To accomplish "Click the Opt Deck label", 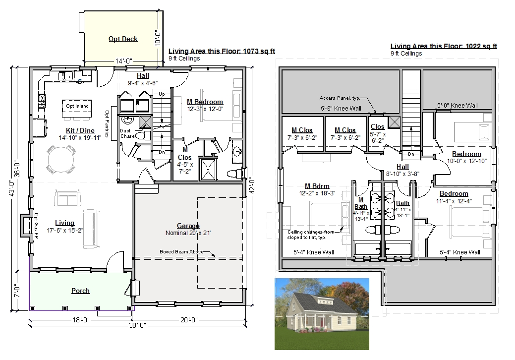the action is tap(123, 39).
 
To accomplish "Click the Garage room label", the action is tap(188, 226).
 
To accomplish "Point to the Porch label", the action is tap(80, 291).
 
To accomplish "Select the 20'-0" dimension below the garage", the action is tap(189, 320).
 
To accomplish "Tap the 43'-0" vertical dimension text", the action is tap(11, 187).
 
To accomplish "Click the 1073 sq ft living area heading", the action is tap(222, 51).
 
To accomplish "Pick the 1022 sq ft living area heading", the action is tap(444, 46).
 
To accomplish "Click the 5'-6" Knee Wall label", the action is tap(341, 109).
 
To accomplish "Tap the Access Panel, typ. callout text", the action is tap(340, 98).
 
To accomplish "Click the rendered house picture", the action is tap(322, 314).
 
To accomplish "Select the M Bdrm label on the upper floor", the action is tap(317, 186).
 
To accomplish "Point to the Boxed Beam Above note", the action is tap(181, 251).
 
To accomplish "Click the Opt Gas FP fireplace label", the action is tap(36, 226).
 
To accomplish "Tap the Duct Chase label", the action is tap(127, 133).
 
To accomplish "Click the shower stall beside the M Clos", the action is tap(208, 170).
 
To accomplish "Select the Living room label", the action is tap(65, 223).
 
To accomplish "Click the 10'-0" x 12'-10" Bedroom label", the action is tap(467, 157).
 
